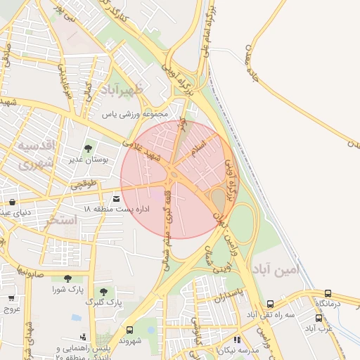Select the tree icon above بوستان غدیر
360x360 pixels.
(88, 148)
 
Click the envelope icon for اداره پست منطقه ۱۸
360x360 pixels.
(116, 200)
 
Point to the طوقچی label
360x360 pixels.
(84, 186)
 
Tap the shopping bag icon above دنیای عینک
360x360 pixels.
(12, 202)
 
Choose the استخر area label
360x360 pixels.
(62, 221)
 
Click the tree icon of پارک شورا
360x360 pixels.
(67, 278)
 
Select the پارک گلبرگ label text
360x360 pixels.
(103, 302)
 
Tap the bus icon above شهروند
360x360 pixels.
(129, 330)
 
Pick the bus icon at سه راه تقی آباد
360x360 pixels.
(271, 304)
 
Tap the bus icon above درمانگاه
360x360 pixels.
(328, 293)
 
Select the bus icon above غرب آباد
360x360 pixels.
(319, 318)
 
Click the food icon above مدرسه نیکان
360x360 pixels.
(237, 340)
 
